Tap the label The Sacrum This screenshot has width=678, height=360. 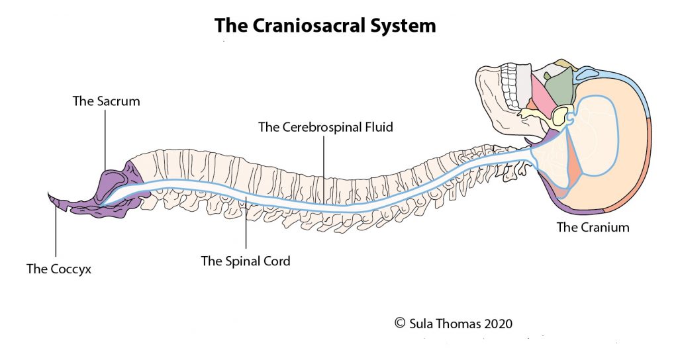106,101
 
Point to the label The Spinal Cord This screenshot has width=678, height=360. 246,261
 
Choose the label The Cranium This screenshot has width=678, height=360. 593,228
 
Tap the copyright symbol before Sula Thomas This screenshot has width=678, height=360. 399,324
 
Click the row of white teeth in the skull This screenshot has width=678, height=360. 510,86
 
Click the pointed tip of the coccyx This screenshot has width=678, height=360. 50,196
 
